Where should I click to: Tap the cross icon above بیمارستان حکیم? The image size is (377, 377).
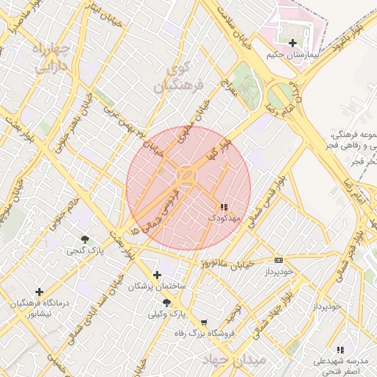pos(293,43)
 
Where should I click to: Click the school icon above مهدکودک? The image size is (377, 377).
pos(224,208)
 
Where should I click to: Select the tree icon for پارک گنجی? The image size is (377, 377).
pos(85,239)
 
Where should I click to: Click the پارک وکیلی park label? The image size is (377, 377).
pos(166,314)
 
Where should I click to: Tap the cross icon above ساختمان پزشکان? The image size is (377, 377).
pos(157,275)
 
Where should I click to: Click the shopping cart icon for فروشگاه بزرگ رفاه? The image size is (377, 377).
pos(204,323)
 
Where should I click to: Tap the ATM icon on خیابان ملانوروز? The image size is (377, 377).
pos(278,260)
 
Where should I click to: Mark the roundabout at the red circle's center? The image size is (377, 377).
pos(187,177)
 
